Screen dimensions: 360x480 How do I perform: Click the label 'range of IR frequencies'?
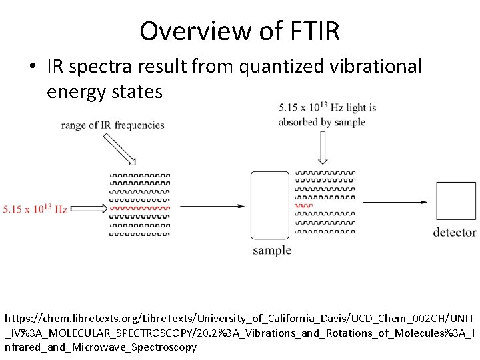point(113,125)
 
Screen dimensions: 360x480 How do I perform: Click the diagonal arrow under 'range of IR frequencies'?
point(119,149)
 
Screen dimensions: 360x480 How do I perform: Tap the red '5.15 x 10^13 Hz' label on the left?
point(35,209)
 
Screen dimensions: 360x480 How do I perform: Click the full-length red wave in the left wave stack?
point(139,208)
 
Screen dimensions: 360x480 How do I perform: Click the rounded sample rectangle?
point(270,205)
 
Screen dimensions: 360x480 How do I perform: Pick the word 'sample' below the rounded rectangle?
point(272,251)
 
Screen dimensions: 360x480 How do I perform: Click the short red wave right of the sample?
point(303,206)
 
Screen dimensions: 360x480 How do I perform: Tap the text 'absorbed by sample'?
point(321,122)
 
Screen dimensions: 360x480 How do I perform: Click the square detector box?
point(456,201)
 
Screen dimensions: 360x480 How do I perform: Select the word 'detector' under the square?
point(455,232)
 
